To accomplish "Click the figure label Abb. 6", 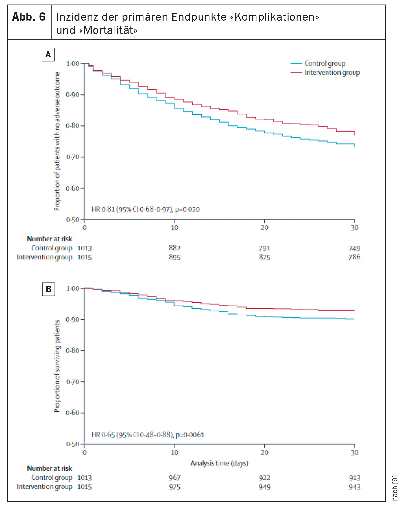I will (29, 17).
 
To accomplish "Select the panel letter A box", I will (48, 54).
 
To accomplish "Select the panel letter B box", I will (49, 289).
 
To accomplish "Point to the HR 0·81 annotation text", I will (145, 209).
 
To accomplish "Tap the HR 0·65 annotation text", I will (148, 435).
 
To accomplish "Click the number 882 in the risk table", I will (175, 248).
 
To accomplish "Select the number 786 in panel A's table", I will (354, 257).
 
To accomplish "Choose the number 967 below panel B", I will (175, 478).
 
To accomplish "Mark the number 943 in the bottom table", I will (355, 487).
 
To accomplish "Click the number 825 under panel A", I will (265, 257).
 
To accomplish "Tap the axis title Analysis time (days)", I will (219, 463).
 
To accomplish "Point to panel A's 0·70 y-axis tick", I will (73, 157).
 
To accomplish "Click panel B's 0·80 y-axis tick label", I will (73, 351).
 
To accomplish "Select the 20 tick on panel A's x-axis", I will (265, 228).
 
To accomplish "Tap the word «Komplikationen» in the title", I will (275, 17).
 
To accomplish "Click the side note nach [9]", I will (395, 488).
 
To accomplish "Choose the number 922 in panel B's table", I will (265, 478).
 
